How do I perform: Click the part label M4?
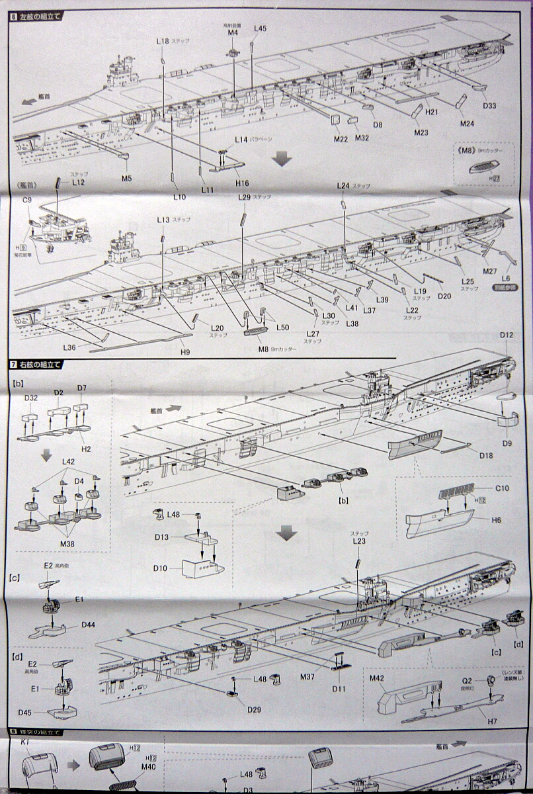tap(232, 32)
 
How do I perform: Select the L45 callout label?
tap(260, 28)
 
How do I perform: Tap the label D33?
tap(490, 105)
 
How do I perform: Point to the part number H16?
tap(242, 183)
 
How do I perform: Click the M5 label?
tap(127, 177)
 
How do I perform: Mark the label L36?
tap(71, 347)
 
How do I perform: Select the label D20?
tap(444, 296)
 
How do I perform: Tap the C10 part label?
tap(503, 488)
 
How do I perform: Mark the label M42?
tap(377, 678)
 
